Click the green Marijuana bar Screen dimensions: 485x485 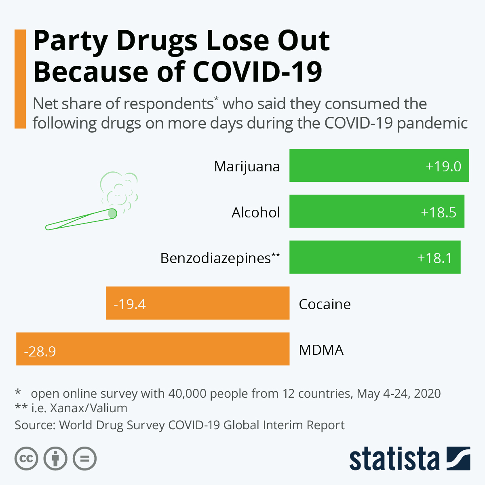[x=356, y=165]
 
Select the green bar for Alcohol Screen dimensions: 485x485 [x=352, y=211]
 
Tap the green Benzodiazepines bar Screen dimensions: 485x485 [x=348, y=257]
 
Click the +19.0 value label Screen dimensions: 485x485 [x=443, y=167]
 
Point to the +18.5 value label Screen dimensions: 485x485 [x=439, y=213]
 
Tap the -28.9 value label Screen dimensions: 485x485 [x=40, y=351]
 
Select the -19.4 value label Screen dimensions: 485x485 [x=130, y=304]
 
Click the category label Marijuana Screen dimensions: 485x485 [x=247, y=167]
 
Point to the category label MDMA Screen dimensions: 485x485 [x=321, y=350]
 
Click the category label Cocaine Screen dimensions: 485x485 [x=325, y=304]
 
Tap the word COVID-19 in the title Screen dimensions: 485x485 [x=257, y=72]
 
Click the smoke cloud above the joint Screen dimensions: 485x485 [x=119, y=190]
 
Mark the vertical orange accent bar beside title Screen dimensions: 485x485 [x=20, y=79]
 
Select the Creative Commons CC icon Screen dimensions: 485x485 [x=26, y=459]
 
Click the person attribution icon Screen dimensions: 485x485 [x=55, y=459]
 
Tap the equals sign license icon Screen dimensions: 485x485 [x=84, y=459]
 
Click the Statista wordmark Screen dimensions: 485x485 [x=394, y=459]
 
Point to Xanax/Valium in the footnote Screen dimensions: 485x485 [x=89, y=408]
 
